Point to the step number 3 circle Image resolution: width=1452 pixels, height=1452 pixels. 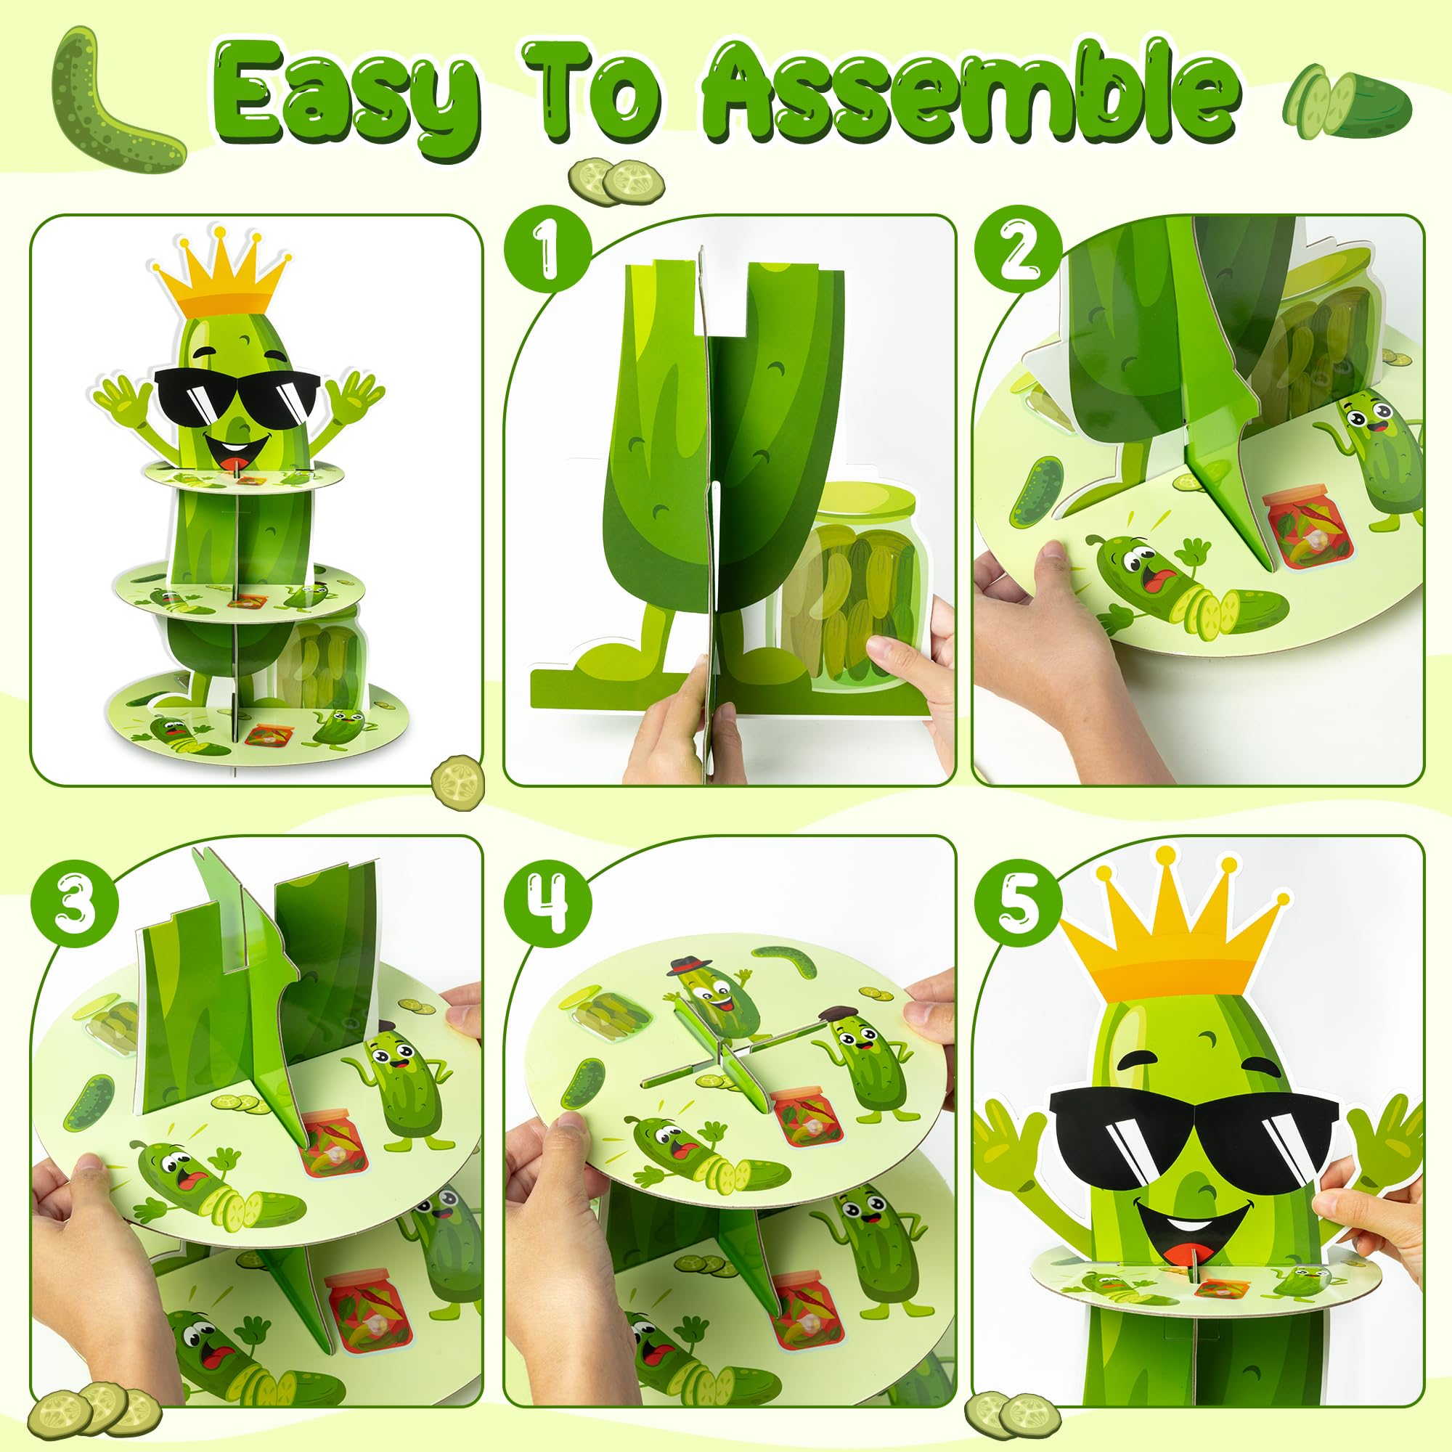coord(76,901)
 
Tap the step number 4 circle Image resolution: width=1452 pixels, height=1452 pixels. coord(548,901)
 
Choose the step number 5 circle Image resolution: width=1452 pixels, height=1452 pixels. coord(1019,901)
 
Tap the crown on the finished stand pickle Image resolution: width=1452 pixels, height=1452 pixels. coord(221,274)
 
